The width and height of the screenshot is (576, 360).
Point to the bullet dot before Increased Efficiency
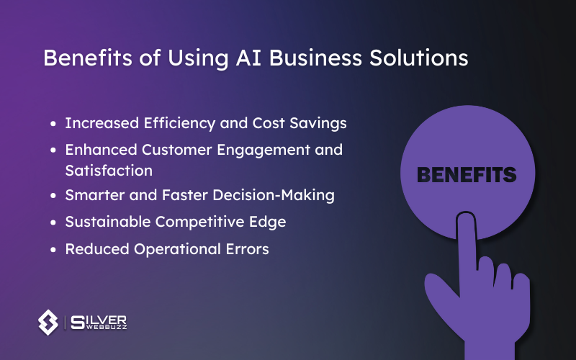[54, 124]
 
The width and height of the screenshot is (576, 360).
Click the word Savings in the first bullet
[320, 123]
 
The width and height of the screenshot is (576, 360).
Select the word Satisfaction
[109, 171]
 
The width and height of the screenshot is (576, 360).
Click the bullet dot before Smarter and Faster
[54, 196]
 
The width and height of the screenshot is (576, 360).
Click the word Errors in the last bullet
[248, 248]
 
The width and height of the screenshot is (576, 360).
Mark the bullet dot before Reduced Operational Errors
[54, 249]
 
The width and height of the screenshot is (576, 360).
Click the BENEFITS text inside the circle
[467, 175]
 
